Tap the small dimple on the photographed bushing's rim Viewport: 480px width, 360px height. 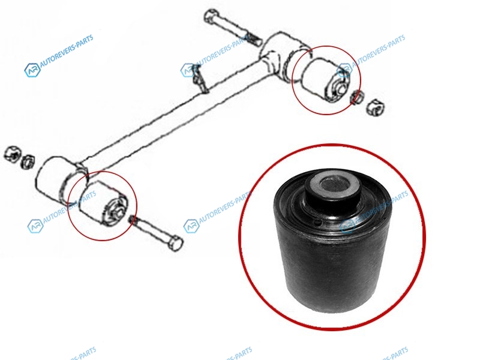click(319, 222)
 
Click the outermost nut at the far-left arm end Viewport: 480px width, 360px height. click(12, 153)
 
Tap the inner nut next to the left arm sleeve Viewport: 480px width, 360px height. click(28, 161)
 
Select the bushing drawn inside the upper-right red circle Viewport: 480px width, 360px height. click(326, 80)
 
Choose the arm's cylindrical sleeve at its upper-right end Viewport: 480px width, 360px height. click(284, 56)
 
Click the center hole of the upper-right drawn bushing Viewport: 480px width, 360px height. click(340, 88)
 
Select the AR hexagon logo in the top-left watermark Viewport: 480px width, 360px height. click(32, 70)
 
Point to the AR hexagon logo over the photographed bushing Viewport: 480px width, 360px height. click(347, 227)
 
